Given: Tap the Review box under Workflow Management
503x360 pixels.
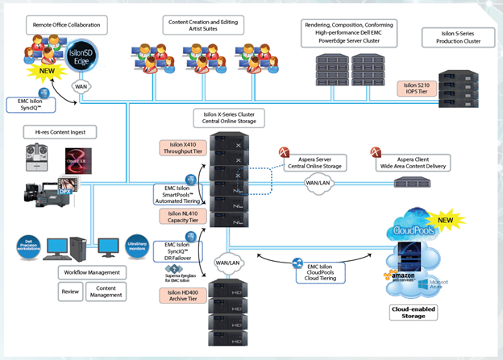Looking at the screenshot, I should point(71,292).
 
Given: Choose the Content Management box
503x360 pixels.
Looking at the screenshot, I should point(106,292).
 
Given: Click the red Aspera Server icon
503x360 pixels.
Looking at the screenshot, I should point(284,153).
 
